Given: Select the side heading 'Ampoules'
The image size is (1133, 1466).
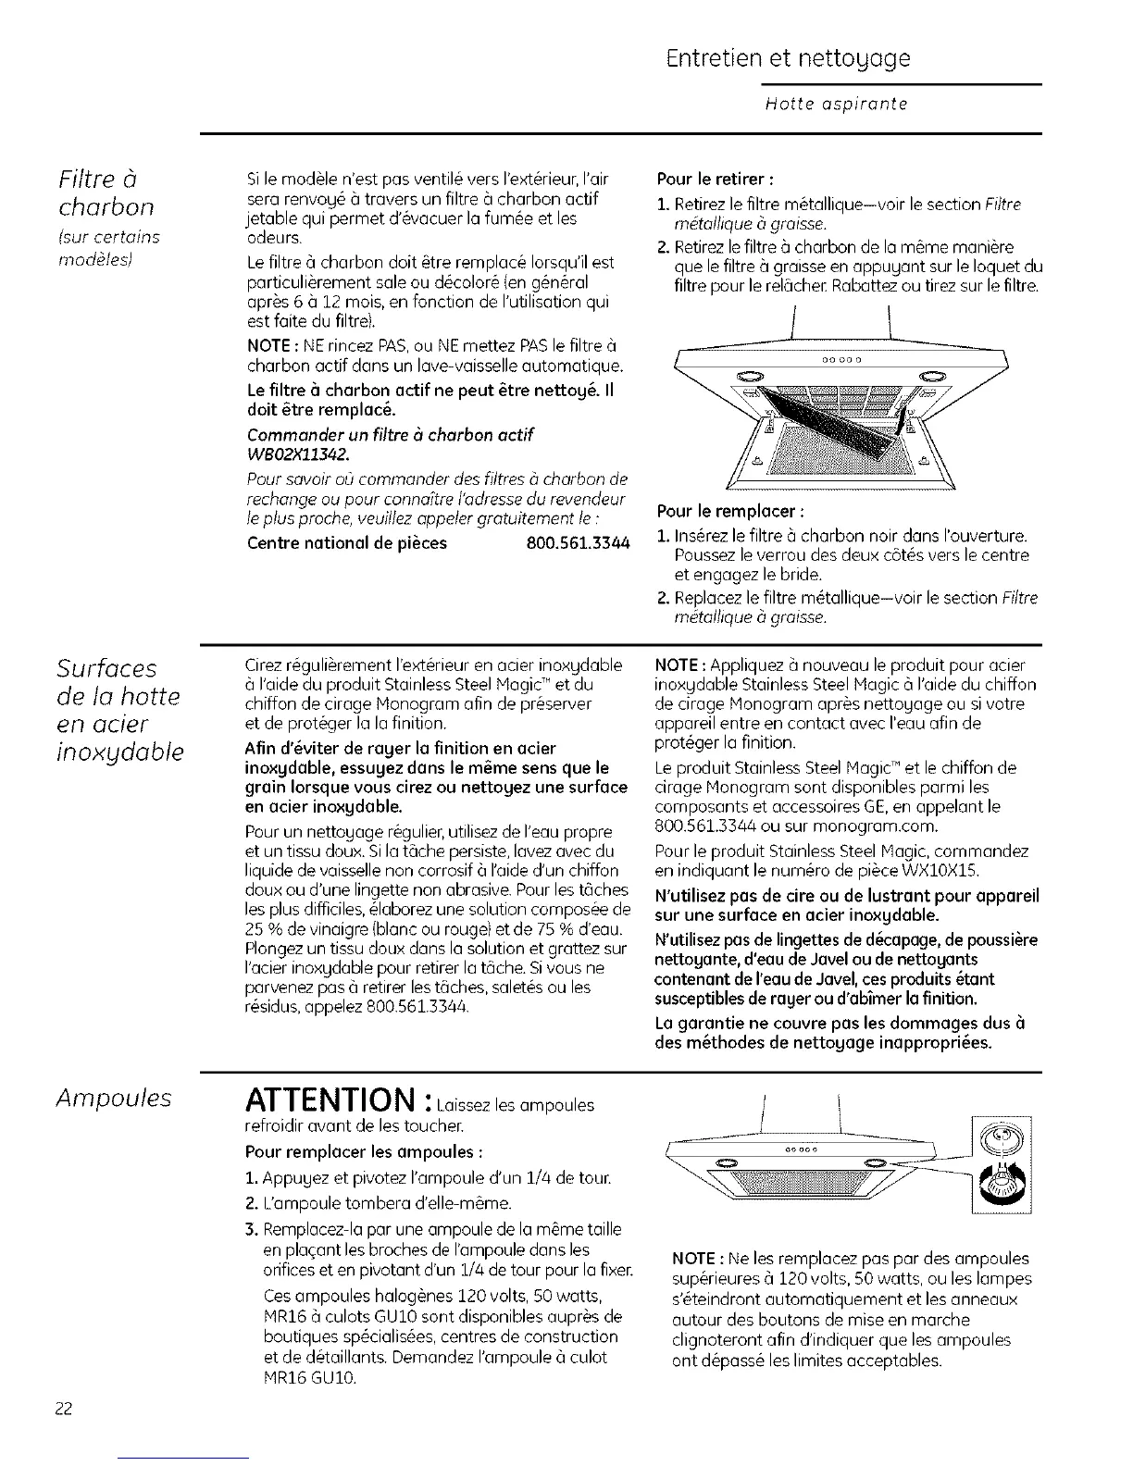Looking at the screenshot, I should point(113,1098).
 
